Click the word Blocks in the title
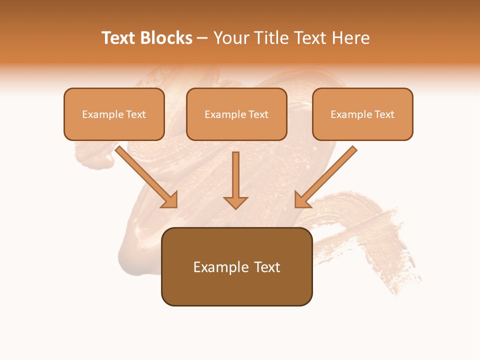166,38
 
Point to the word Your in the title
230,38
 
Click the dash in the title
202,38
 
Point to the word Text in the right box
384,114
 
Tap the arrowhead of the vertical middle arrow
235,202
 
